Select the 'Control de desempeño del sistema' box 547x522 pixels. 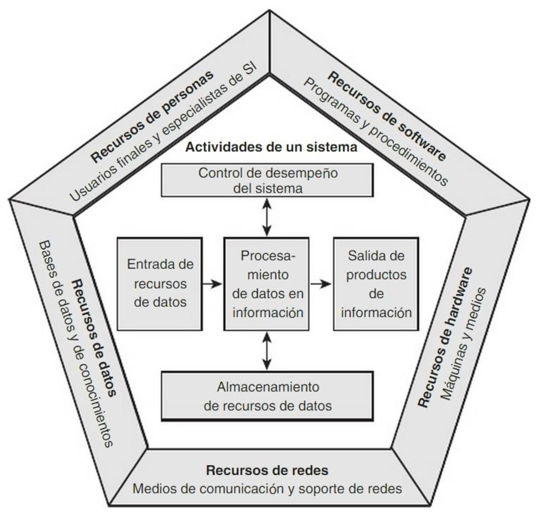[x=267, y=180]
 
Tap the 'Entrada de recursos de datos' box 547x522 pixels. [x=160, y=284]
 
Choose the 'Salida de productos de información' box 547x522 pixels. [x=376, y=284]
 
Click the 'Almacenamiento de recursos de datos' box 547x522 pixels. [x=267, y=396]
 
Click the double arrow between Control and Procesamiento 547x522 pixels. [x=267, y=217]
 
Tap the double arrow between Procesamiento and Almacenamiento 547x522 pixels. [x=267, y=351]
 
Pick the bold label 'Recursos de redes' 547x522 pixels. [x=267, y=470]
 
